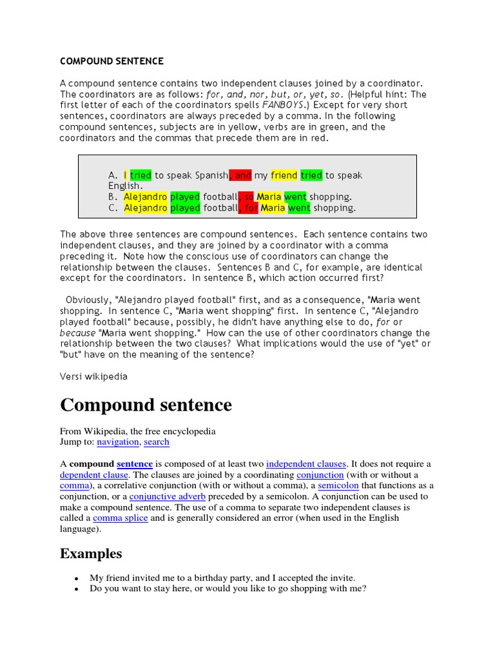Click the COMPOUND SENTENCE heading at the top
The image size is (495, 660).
[x=112, y=61]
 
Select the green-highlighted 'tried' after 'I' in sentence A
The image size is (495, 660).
[x=141, y=175]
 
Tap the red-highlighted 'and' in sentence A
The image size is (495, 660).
[x=241, y=175]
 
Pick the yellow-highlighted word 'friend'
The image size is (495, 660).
[x=284, y=175]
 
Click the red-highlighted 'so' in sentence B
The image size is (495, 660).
[x=247, y=197]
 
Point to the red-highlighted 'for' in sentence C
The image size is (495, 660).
[x=249, y=208]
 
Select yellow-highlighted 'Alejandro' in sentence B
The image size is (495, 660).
[x=145, y=197]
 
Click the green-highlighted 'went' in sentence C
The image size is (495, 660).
[x=298, y=208]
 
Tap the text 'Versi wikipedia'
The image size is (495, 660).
[x=93, y=376]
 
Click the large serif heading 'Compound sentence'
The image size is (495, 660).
[x=146, y=405]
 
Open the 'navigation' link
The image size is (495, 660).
[x=118, y=442]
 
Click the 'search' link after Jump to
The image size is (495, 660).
[x=157, y=442]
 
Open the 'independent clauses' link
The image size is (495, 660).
[x=306, y=464]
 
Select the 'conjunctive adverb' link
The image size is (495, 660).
[x=168, y=496]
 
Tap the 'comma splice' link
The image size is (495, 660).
[x=121, y=518]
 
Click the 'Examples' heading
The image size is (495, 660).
[x=91, y=554]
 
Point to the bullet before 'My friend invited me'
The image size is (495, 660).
[x=77, y=578]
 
